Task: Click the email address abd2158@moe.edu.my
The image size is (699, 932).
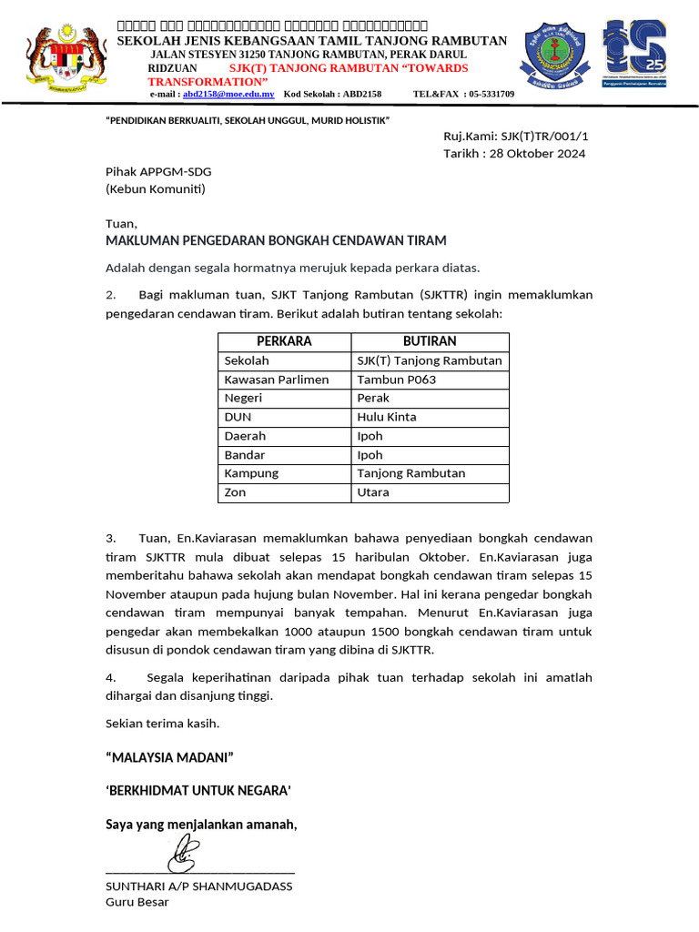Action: pyautogui.click(x=228, y=94)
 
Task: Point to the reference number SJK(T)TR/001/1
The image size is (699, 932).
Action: pyautogui.click(x=551, y=136)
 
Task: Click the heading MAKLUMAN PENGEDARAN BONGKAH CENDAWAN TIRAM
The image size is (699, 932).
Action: pyautogui.click(x=276, y=240)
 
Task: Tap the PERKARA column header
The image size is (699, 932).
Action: pyautogui.click(x=284, y=341)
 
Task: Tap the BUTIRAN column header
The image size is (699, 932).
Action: pyautogui.click(x=430, y=341)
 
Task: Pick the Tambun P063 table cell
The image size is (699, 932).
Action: pyautogui.click(x=396, y=380)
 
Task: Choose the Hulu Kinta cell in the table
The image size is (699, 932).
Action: pyautogui.click(x=387, y=417)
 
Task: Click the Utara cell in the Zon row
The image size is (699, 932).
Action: pyautogui.click(x=373, y=492)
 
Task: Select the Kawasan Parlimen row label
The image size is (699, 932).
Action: pyautogui.click(x=277, y=380)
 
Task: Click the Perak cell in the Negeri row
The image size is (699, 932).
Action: pyautogui.click(x=373, y=398)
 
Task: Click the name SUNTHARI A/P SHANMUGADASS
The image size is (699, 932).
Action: pyautogui.click(x=199, y=886)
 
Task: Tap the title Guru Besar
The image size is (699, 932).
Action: pyautogui.click(x=137, y=902)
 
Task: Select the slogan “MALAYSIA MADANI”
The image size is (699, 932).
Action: pyautogui.click(x=170, y=757)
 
